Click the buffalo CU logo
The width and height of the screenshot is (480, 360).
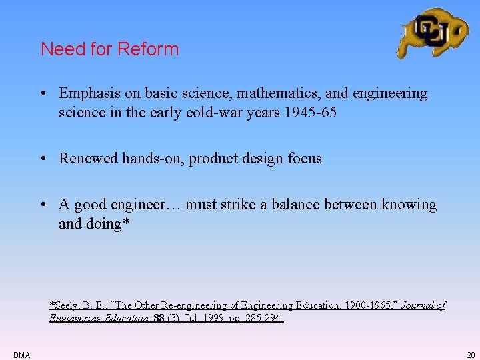[x=432, y=32]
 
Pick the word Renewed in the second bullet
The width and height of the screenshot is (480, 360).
[x=87, y=159]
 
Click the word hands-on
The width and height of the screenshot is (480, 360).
[x=151, y=159]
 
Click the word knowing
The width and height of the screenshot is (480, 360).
[x=409, y=205]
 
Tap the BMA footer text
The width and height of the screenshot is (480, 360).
[x=21, y=355]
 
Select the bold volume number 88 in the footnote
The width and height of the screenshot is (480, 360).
[x=159, y=319]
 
